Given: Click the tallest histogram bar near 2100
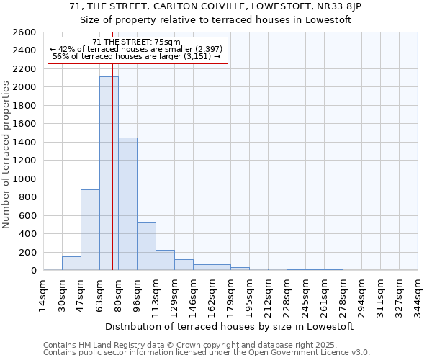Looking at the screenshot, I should pos(109,173).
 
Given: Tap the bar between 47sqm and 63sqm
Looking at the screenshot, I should pos(90,230).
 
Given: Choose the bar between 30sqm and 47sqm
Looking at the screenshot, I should pos(71,264).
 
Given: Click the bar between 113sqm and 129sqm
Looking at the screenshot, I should pos(165,260).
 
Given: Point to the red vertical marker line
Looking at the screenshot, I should pos(112,180).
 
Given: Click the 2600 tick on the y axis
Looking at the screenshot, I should pos(25,32).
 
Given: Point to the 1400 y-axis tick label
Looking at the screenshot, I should pos(25,143).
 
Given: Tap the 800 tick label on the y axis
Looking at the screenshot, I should pos(27,197).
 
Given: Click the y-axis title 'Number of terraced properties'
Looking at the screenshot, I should pos(7,155).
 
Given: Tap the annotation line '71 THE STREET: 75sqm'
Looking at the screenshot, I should pos(137,42).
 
